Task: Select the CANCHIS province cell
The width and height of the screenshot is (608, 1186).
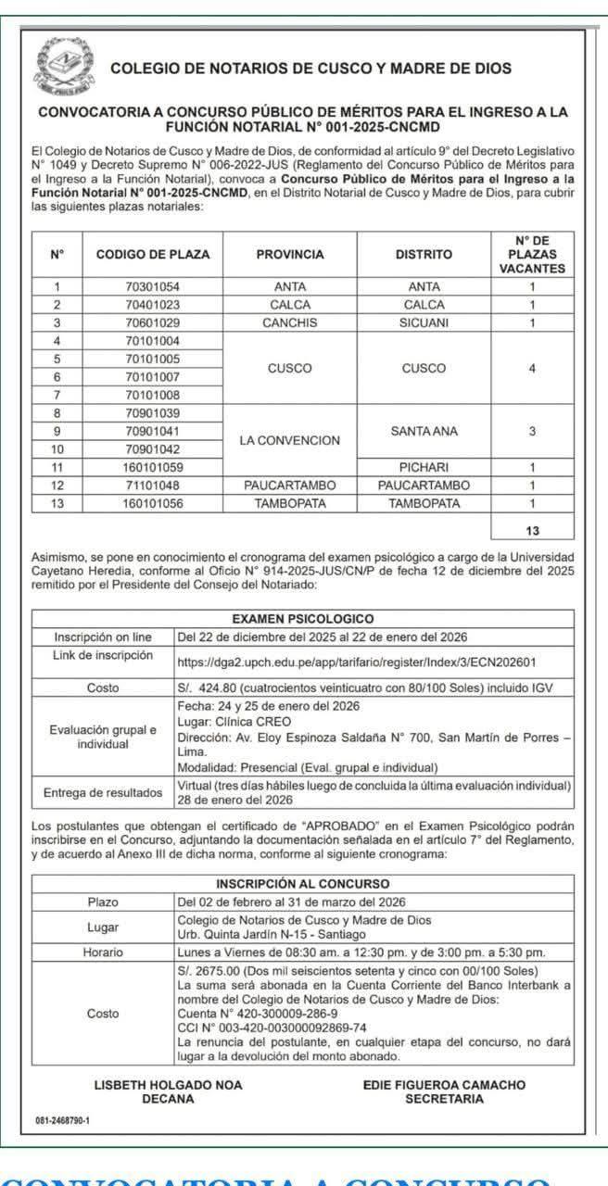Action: click(x=290, y=322)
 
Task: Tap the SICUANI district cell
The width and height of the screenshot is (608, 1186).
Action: click(x=424, y=322)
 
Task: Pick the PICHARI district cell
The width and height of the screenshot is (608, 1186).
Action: click(x=424, y=467)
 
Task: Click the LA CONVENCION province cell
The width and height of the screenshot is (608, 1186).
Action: click(x=290, y=440)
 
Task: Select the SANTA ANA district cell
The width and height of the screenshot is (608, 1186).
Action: click(x=424, y=431)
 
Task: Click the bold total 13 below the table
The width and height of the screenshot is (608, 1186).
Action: click(x=532, y=531)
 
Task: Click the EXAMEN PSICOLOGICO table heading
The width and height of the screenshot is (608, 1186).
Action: click(x=303, y=618)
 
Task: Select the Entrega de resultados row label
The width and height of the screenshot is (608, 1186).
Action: click(x=103, y=793)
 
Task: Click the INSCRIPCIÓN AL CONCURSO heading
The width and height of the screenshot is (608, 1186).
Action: click(x=303, y=883)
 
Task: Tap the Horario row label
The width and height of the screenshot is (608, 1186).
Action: click(x=103, y=952)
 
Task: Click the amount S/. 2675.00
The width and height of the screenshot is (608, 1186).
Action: click(x=206, y=969)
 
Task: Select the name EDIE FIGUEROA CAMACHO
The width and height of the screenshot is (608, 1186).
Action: click(x=444, y=1084)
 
